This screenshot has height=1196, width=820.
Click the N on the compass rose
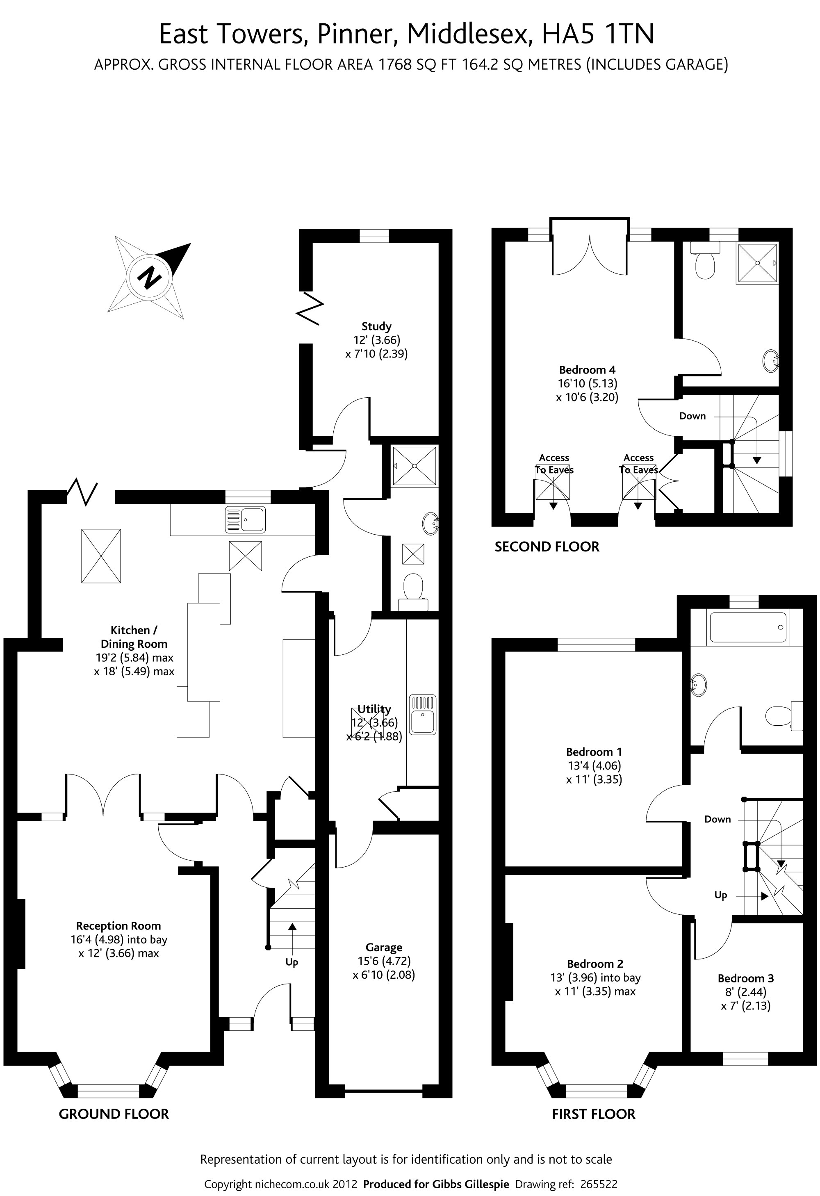(x=149, y=278)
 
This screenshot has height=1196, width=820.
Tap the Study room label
(x=376, y=326)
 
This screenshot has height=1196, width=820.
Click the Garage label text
(x=383, y=948)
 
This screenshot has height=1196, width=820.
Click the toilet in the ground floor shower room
(x=413, y=591)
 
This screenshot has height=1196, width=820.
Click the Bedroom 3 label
(x=745, y=978)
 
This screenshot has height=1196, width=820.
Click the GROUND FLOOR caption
(x=114, y=1114)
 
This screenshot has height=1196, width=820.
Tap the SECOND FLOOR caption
(x=547, y=547)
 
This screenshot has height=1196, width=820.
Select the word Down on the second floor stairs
(x=692, y=416)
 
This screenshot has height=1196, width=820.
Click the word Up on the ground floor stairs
(x=292, y=962)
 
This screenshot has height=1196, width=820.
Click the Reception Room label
(x=118, y=926)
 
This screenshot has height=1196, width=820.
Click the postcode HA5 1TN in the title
(x=598, y=34)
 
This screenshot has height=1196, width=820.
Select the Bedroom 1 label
(x=594, y=752)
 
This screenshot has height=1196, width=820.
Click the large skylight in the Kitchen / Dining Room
(x=101, y=556)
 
